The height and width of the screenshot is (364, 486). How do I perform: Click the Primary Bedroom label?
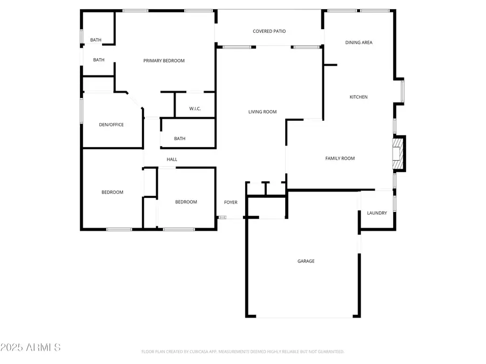(164, 60)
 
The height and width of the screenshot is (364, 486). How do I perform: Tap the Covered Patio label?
(269, 31)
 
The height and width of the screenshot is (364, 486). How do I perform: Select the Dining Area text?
(359, 42)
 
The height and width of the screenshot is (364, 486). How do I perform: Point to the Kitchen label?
(359, 97)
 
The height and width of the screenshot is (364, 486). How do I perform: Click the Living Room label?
(262, 112)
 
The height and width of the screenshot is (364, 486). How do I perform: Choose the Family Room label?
(340, 158)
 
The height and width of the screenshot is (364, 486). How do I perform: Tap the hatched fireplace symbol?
(398, 154)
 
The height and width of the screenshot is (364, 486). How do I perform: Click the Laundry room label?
(377, 213)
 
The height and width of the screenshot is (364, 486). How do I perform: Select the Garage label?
(306, 261)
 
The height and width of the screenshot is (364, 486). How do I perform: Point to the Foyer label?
(231, 202)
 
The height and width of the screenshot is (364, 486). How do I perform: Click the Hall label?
(172, 159)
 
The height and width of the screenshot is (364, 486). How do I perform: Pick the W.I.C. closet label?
(195, 109)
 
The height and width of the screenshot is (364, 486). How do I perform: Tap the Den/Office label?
(111, 125)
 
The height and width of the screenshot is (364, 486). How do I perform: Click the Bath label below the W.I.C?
(180, 139)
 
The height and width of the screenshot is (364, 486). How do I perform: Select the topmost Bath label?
(96, 40)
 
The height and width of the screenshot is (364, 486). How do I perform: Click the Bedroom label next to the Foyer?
(186, 202)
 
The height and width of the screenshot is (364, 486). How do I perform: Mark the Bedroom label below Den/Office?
(112, 192)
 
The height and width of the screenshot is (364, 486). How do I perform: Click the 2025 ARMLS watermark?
(30, 347)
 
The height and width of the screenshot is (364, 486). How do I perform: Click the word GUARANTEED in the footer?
(329, 352)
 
